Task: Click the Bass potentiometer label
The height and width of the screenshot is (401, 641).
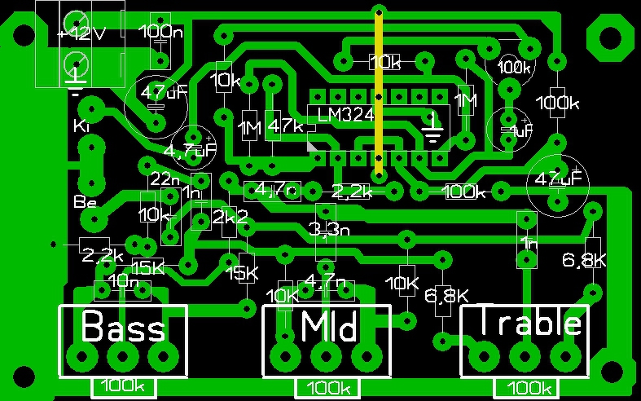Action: (x=124, y=328)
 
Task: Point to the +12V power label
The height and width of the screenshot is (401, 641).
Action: (x=81, y=34)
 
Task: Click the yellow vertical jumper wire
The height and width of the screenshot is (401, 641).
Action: (x=379, y=94)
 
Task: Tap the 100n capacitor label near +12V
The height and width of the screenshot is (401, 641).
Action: (x=161, y=33)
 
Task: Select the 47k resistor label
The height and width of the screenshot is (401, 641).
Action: (x=284, y=127)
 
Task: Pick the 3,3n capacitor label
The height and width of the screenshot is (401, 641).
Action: (x=330, y=229)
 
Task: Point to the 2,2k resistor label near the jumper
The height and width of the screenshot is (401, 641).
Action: (x=353, y=192)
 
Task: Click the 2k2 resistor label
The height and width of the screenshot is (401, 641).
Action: (x=229, y=218)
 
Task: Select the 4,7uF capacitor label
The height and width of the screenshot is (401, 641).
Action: (x=191, y=151)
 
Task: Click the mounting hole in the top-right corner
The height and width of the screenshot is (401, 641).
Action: (x=608, y=38)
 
